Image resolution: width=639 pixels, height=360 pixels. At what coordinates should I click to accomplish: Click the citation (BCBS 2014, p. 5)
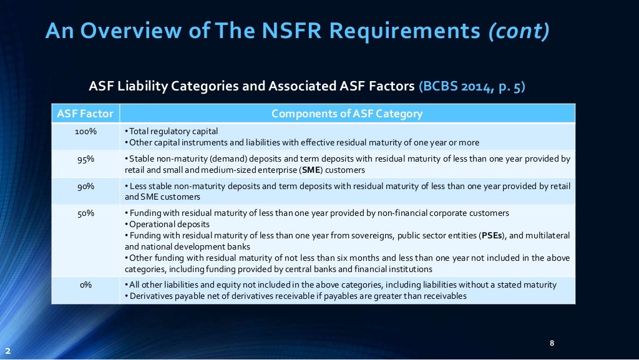click(472, 87)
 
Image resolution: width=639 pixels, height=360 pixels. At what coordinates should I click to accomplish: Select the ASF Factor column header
click(85, 114)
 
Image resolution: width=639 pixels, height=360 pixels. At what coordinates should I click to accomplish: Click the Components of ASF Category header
click(347, 114)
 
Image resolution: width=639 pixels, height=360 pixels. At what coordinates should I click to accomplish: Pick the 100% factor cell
click(85, 131)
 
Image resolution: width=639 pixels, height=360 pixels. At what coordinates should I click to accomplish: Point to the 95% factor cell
click(85, 158)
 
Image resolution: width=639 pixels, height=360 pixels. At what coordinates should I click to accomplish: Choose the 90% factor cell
click(85, 186)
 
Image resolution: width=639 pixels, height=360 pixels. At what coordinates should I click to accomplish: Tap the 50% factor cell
click(85, 213)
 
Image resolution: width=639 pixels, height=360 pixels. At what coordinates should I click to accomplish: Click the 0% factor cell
click(85, 285)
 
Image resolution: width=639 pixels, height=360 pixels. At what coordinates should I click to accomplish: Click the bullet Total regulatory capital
click(173, 131)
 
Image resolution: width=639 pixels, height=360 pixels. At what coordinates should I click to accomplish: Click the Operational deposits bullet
click(168, 224)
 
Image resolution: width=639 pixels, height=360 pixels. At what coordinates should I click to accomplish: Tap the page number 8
click(552, 343)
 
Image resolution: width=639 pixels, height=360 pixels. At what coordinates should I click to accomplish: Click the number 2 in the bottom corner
click(7, 351)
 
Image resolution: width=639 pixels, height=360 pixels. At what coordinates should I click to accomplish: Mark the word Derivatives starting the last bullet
click(149, 296)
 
